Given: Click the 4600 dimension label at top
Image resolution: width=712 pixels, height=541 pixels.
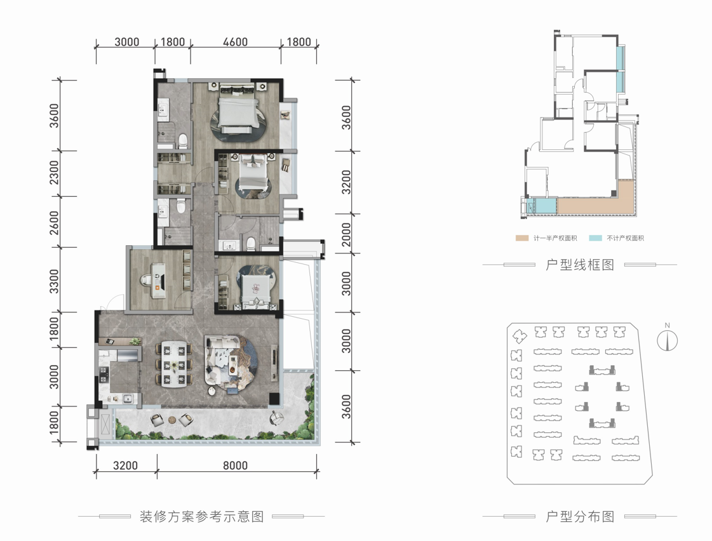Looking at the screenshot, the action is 235,42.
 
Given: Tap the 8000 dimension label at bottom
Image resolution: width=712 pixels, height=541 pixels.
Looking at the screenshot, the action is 235,465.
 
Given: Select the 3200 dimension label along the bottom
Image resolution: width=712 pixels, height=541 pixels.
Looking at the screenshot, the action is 125,465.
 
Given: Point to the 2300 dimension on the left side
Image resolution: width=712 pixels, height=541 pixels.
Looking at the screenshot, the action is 54,173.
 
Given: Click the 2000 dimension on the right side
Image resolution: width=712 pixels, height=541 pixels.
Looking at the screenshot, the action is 346,235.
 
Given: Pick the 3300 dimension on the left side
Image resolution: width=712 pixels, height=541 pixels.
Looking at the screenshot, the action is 54,281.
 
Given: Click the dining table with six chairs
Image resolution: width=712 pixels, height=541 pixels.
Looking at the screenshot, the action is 173,364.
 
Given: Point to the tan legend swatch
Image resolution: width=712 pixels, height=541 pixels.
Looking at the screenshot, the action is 521,238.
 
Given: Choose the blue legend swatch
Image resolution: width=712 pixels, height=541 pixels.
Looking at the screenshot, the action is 595,238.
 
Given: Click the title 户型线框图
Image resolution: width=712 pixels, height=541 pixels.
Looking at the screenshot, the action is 580,265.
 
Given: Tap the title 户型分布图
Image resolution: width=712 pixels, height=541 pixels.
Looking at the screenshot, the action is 580,516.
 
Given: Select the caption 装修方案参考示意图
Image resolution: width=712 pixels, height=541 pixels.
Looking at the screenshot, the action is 201,516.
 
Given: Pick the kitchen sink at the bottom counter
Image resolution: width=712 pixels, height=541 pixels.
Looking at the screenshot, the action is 128,399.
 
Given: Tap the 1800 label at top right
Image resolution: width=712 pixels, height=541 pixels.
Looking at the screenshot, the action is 299,42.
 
